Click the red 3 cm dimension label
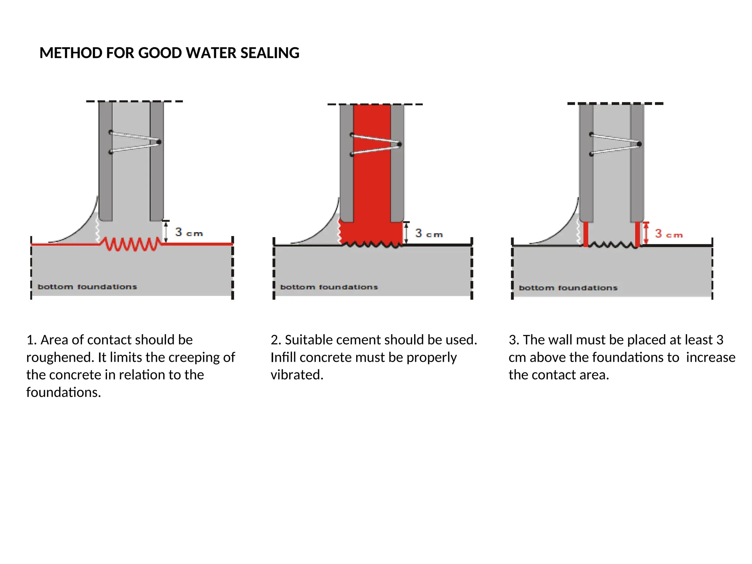tap(668, 234)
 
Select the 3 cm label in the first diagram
tap(189, 232)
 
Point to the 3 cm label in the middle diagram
tap(429, 234)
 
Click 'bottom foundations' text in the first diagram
tap(87, 287)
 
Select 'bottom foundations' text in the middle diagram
tap(329, 287)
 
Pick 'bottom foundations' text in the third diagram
tap(568, 288)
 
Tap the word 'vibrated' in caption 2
tap(297, 375)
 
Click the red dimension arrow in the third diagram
tap(646, 233)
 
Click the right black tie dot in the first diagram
tap(159, 142)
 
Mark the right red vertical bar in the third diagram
tap(637, 234)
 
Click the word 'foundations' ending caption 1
tap(63, 393)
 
